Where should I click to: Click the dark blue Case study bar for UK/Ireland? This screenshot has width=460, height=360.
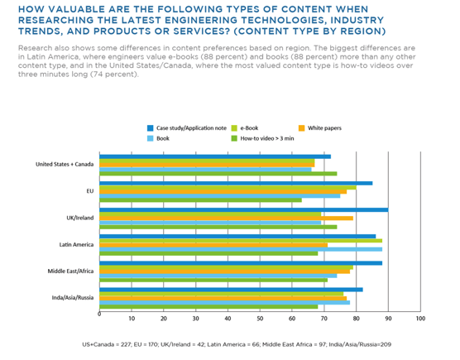tap(244, 209)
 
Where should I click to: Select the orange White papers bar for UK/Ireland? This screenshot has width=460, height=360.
tap(226, 218)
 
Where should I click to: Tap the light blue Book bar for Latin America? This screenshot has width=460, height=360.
tap(241, 249)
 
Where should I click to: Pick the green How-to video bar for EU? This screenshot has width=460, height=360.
tap(201, 200)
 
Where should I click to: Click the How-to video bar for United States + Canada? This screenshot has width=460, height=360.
tap(218, 174)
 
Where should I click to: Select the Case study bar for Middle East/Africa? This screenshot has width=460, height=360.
tap(241, 263)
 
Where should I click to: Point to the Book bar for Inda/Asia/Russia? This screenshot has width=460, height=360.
tap(225, 303)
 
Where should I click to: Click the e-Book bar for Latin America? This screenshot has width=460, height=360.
tap(241, 241)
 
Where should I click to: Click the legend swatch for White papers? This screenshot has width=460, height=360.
tap(302, 128)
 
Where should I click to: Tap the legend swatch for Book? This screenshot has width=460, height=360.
tap(151, 138)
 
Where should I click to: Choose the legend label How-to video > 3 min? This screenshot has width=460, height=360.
tap(267, 138)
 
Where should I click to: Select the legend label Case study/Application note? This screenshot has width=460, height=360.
tap(191, 128)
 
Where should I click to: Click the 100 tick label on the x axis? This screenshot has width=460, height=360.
tap(420, 319)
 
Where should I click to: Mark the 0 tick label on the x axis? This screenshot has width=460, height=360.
tap(99, 314)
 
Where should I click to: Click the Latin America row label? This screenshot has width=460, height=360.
tap(76, 245)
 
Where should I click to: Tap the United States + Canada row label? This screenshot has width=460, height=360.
tap(65, 165)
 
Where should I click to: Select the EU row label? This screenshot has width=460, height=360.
tap(90, 191)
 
